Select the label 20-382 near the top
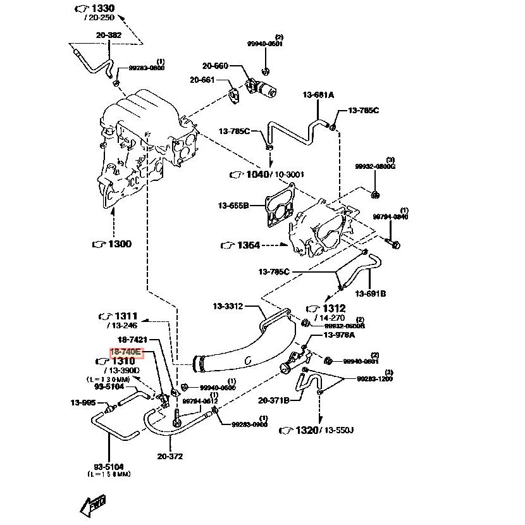click(x=108, y=35)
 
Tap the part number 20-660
click(x=214, y=65)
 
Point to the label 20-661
click(x=202, y=80)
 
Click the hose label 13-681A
click(x=318, y=94)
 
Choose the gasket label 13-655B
click(x=233, y=206)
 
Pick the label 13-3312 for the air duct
click(x=227, y=307)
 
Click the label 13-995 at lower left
click(x=83, y=402)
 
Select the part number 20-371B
click(x=273, y=400)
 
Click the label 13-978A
click(x=339, y=335)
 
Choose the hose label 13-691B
click(x=370, y=293)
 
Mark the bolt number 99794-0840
click(x=390, y=217)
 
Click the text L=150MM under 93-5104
click(x=109, y=473)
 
